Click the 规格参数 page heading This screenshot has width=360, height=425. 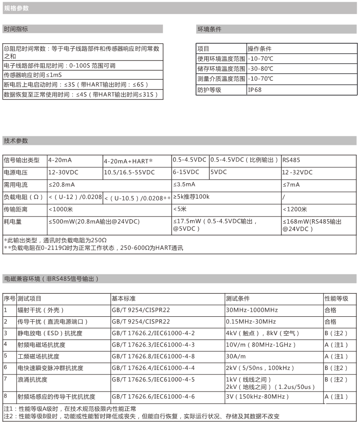click(17, 8)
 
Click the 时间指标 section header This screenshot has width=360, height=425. click(16, 29)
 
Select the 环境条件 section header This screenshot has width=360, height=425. click(210, 29)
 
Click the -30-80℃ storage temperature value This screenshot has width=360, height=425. click(261, 69)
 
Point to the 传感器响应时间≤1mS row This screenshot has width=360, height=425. click(33, 75)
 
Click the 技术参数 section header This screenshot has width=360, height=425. click(16, 141)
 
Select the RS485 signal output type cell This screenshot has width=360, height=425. click(291, 160)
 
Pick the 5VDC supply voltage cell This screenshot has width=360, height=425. click(219, 172)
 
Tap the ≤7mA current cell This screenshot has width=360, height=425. click(291, 185)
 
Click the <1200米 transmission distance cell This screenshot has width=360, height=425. click(295, 209)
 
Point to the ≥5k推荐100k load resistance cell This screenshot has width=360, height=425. click(192, 197)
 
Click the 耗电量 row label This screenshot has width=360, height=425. click(13, 222)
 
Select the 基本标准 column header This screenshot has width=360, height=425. click(123, 299)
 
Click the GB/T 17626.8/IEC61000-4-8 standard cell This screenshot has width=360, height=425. click(153, 356)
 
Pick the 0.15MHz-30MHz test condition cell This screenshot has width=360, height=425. click(251, 322)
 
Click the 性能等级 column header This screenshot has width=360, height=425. click(337, 299)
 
